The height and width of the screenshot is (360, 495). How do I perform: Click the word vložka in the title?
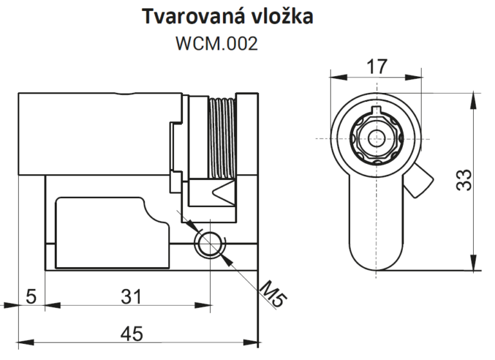click(x=282, y=15)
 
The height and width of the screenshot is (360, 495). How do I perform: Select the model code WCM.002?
click(x=217, y=43)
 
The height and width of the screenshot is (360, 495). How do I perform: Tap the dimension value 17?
click(x=376, y=66)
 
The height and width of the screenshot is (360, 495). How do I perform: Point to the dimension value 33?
click(x=464, y=180)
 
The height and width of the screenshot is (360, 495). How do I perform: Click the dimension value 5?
click(x=31, y=297)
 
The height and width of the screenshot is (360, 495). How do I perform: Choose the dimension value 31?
click(x=131, y=297)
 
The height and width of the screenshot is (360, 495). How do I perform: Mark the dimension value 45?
click(x=132, y=334)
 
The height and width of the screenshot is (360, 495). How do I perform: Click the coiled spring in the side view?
click(x=222, y=138)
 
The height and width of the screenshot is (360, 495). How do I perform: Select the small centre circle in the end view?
click(x=376, y=139)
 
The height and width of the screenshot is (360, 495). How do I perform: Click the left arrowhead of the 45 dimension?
click(x=26, y=343)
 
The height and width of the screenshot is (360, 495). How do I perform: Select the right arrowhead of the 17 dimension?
click(x=413, y=77)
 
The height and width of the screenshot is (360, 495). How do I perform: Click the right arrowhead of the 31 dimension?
click(x=202, y=305)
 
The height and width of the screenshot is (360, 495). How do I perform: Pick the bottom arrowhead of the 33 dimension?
click(x=473, y=263)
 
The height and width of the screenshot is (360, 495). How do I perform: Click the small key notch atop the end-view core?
click(x=376, y=110)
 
